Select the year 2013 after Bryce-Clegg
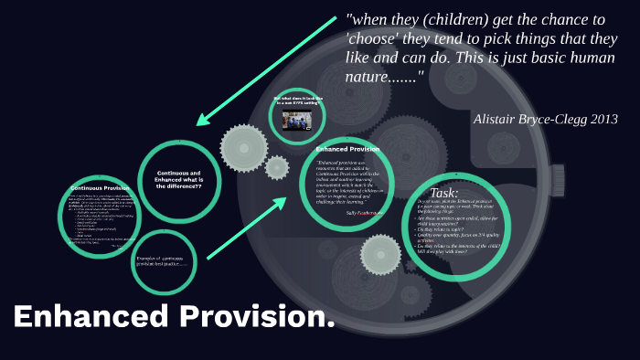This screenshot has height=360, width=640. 602,119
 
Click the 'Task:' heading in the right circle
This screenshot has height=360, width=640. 444,194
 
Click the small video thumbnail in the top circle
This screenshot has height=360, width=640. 295,122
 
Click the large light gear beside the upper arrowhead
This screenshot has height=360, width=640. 243,143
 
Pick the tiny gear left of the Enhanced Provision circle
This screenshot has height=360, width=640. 276,167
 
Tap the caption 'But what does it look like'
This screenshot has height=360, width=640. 296,98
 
